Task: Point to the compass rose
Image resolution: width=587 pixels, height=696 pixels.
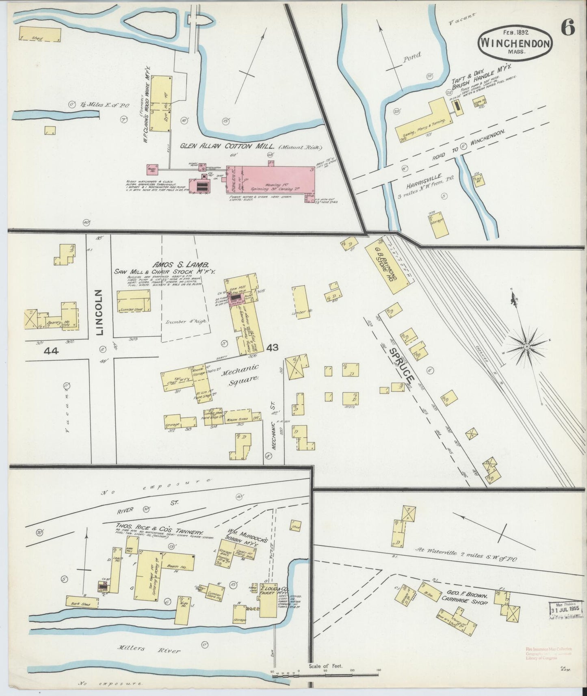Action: [x=526, y=346]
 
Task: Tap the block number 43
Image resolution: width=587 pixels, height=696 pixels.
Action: [x=273, y=348]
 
